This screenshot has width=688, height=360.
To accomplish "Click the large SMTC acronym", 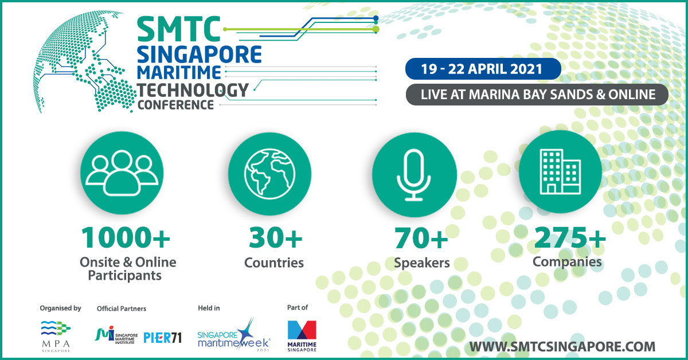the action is click(x=179, y=29).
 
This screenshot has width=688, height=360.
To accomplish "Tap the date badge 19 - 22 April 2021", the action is click(x=483, y=69).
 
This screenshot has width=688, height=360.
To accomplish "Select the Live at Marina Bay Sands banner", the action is click(x=537, y=95).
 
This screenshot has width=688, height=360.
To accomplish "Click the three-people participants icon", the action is click(x=122, y=173).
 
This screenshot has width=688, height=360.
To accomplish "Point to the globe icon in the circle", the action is click(x=269, y=174).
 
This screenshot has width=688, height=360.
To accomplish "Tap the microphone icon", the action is click(x=414, y=175).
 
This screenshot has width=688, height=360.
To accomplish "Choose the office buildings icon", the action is click(x=560, y=172).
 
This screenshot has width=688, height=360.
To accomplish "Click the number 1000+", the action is click(x=126, y=238).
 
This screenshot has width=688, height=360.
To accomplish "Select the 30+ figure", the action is click(x=276, y=238).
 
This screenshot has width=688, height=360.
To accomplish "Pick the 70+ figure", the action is click(x=421, y=238).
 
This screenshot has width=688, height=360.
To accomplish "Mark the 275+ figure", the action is click(x=570, y=237).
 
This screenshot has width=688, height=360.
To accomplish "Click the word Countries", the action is click(x=274, y=263).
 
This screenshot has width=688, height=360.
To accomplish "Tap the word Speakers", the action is click(x=422, y=263).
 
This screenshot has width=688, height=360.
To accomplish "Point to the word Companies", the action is click(x=567, y=263).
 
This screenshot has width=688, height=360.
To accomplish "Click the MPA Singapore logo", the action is click(x=56, y=336).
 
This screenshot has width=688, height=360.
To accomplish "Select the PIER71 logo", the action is click(x=162, y=338).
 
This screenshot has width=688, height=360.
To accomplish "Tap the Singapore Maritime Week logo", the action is click(x=234, y=335).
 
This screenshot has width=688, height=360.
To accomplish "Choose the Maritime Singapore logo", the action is click(x=302, y=336).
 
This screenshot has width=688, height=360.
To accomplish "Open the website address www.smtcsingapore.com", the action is click(x=562, y=347).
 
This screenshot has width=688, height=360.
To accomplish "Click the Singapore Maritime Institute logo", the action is click(x=116, y=335).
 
